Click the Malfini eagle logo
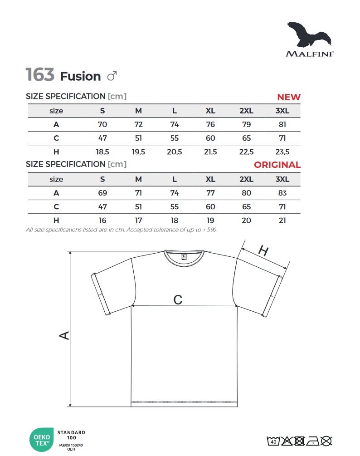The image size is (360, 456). tap(309, 34)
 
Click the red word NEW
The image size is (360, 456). tap(288, 97)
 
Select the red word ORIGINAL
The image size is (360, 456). tap(277, 165)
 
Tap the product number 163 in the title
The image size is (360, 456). tap(40, 74)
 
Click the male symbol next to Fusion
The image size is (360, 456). tap(112, 76)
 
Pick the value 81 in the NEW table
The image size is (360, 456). tap(282, 124)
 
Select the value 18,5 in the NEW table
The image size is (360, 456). tap(102, 152)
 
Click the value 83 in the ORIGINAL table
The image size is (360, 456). tap(282, 193)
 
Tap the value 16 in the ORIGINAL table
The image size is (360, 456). tap(102, 221)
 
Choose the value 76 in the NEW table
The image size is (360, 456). tap(210, 124)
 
